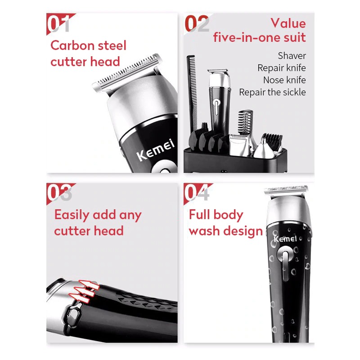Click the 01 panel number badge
(x=59, y=24)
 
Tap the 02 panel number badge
(x=197, y=24)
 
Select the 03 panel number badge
(x=59, y=193)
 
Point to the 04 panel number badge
(x=197, y=193)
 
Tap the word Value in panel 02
(x=288, y=23)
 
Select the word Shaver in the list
(x=292, y=55)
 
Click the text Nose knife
(x=284, y=80)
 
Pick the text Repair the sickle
(x=272, y=92)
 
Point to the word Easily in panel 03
(x=72, y=215)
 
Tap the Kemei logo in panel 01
(x=155, y=149)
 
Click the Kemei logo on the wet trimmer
(x=285, y=239)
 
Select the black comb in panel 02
(x=192, y=94)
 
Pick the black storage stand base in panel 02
(x=235, y=160)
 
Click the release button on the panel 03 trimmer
(x=72, y=315)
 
